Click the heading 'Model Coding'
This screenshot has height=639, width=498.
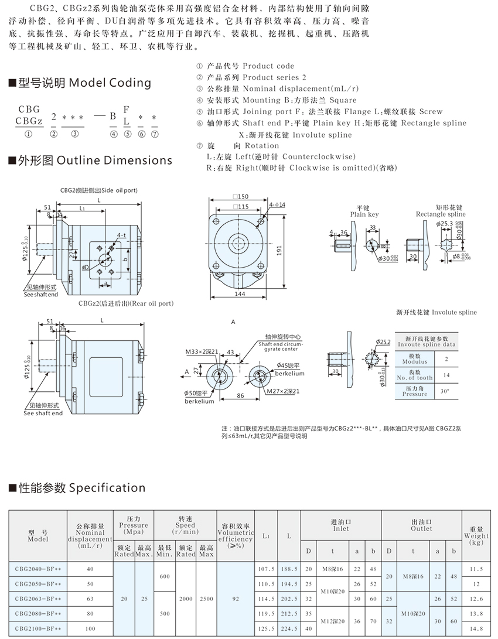(110, 83)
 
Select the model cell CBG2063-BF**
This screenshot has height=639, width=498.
(37, 598)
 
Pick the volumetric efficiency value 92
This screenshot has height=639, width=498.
(236, 598)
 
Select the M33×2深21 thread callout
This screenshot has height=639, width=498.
(202, 351)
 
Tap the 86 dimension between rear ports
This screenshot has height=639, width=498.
(240, 396)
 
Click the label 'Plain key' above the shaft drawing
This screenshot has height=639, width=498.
(364, 214)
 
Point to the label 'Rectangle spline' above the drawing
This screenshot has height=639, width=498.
(441, 214)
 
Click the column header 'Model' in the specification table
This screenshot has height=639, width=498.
(37, 538)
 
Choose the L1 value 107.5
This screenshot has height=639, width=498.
(265, 568)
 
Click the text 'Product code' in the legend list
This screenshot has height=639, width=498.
(268, 66)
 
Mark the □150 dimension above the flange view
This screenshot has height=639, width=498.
(241, 197)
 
